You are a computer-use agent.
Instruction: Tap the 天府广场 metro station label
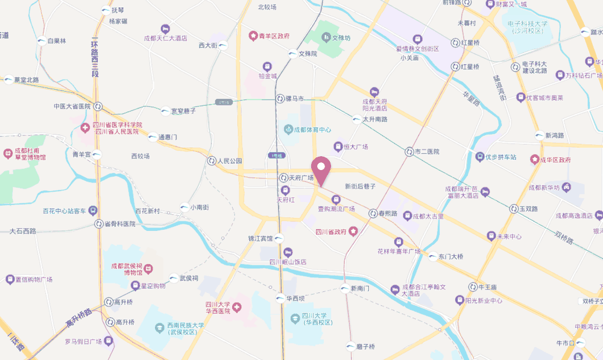[x=301, y=178]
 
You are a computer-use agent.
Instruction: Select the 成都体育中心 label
[x=312, y=130]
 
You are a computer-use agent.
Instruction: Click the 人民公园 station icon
[x=211, y=161]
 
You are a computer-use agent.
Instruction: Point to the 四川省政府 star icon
[x=353, y=231]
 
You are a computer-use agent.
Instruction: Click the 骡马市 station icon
[x=280, y=98]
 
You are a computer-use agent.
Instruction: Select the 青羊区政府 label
[x=274, y=36]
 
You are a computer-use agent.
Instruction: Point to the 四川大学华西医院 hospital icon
[x=238, y=308]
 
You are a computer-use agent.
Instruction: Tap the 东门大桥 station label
[x=451, y=257]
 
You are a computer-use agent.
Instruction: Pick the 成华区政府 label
[x=555, y=160]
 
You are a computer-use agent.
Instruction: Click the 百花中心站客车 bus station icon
[x=93, y=210]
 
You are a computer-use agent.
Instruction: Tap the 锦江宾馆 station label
[x=261, y=238]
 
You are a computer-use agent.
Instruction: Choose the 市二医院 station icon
[x=409, y=151]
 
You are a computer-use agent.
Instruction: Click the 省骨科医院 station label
[x=120, y=224]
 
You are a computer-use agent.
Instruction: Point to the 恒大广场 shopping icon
[x=338, y=147]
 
